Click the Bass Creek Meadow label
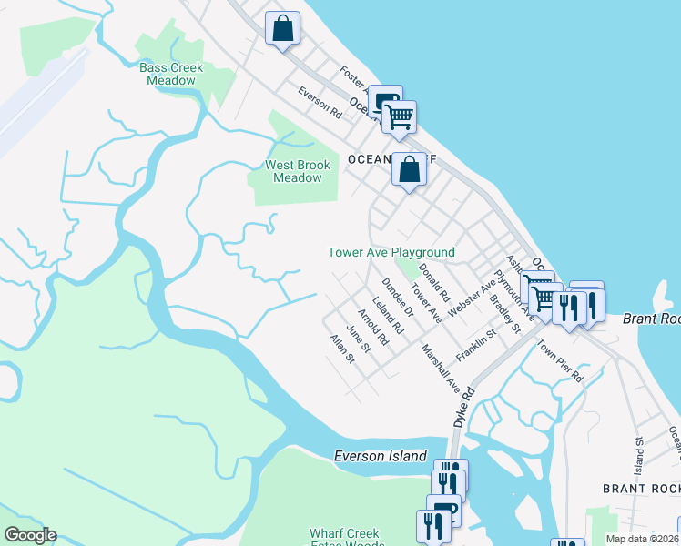click(171, 74)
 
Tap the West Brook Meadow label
click(298, 171)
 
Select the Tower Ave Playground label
click(391, 252)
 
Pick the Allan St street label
click(342, 349)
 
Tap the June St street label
click(359, 339)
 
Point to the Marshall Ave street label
click(441, 368)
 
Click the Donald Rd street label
click(434, 282)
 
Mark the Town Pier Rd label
click(559, 359)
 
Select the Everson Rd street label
click(320, 103)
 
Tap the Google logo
click(30, 535)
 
